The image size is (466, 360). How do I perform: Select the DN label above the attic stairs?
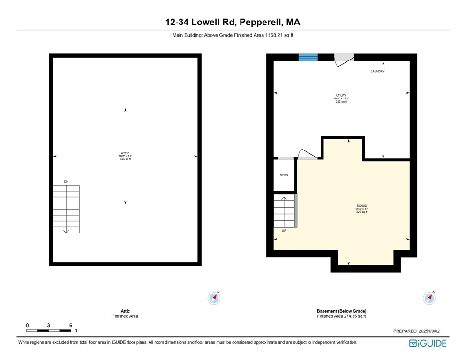(x=66, y=181)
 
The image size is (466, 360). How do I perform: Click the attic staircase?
(x=66, y=209)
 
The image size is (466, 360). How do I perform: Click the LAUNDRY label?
(x=377, y=71)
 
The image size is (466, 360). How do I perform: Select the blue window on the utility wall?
(x=308, y=57)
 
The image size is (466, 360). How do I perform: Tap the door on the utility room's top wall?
(x=343, y=60)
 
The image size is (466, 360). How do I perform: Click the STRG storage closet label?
(x=284, y=175)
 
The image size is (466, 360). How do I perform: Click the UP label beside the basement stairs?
(x=284, y=231)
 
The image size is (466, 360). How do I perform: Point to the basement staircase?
(x=285, y=210)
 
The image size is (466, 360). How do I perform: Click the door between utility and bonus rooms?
(x=308, y=154)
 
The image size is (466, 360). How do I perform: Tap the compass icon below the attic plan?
(x=214, y=298)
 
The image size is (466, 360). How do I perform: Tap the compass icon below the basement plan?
(x=429, y=298)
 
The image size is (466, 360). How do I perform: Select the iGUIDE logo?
(x=428, y=343)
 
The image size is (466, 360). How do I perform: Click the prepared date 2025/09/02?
(x=416, y=331)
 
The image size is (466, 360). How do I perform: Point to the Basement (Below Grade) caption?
(x=341, y=311)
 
